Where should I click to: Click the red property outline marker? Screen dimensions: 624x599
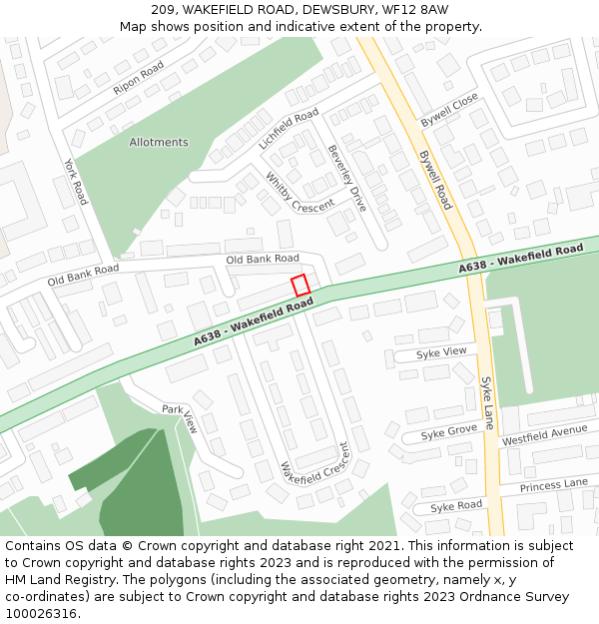point(300,285)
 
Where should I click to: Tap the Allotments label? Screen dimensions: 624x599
point(159,143)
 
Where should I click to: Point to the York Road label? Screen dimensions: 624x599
point(76,182)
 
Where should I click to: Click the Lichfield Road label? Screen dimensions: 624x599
point(289,129)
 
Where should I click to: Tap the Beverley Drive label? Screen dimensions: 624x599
point(347,178)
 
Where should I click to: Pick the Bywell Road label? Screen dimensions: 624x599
point(435,180)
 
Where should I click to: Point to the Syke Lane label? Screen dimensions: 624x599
point(488,402)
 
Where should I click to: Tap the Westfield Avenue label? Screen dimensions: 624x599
point(544,435)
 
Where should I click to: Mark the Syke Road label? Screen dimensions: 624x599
point(455,506)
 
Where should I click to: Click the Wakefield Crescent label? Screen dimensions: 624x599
point(316,465)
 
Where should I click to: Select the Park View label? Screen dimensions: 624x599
point(180,419)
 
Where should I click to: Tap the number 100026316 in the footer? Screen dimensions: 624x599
point(42,614)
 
